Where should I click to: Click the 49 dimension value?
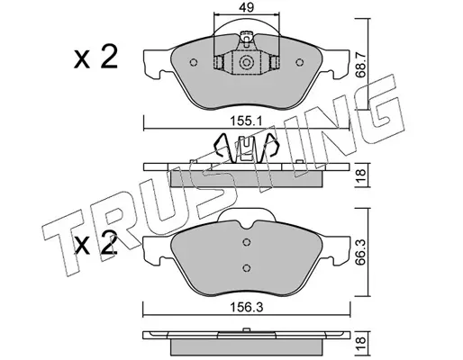pos(247,7)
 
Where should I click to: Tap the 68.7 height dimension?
pos(360,64)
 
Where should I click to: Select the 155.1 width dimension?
pos(247,121)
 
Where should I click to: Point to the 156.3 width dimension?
pos(247,307)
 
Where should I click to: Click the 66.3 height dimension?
pos(360,251)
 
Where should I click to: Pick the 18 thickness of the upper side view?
pos(360,175)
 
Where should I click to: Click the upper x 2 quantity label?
pos(95,57)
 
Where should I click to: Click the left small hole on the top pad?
pos(194,62)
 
